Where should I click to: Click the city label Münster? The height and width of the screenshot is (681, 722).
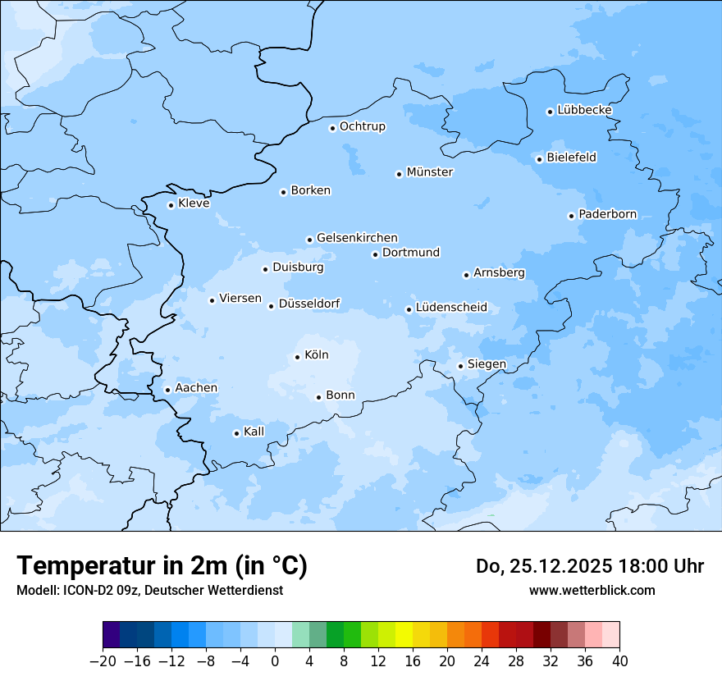click(430, 172)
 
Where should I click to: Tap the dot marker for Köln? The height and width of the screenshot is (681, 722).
click(297, 357)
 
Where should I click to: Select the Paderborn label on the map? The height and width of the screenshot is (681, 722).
click(608, 214)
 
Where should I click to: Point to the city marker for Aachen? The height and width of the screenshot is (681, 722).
click(167, 391)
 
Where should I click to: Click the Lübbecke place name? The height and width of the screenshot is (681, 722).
click(585, 110)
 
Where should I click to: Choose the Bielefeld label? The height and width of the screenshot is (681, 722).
click(572, 157)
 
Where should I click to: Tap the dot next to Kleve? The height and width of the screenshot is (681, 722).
click(171, 205)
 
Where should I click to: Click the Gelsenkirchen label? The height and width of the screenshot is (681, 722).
click(357, 238)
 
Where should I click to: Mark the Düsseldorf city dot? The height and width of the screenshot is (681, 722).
click(271, 306)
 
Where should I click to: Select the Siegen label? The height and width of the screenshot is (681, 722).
click(487, 364)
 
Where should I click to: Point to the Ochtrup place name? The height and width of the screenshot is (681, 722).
click(363, 126)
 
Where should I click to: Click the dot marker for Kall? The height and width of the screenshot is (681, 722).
click(236, 433)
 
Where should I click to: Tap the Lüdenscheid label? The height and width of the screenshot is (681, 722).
click(451, 308)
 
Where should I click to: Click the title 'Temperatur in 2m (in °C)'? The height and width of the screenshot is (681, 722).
click(162, 565)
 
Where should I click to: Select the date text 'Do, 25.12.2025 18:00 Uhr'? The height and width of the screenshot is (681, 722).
click(590, 566)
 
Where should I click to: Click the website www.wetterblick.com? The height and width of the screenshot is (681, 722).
click(592, 590)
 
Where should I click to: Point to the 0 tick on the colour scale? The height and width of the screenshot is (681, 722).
click(275, 661)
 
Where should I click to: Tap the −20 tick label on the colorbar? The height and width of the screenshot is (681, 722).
click(103, 661)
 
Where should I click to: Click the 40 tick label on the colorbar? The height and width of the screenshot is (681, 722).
click(619, 661)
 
